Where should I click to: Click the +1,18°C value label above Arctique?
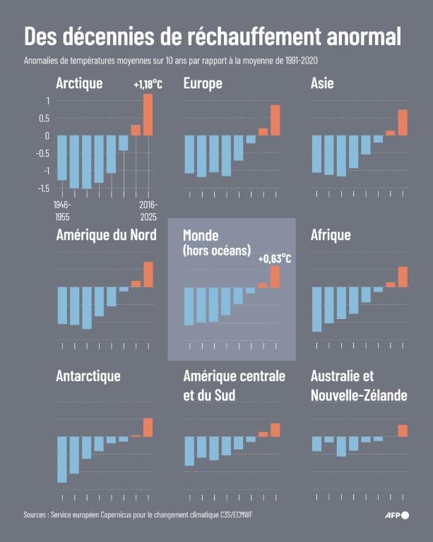148,85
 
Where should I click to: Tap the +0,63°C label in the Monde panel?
275,258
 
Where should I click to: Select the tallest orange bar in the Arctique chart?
148,114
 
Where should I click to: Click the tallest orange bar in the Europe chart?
275,120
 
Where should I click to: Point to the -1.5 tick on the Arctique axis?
43,188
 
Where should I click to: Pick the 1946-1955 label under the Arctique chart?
62,210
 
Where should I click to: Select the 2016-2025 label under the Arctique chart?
148,210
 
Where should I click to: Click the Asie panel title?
322,84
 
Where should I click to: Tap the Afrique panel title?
331,235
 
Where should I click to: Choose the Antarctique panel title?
88,376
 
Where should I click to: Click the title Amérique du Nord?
106,235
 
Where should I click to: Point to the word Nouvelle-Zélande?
359,396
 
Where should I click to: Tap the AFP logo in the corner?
396,515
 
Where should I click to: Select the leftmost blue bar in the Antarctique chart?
62,459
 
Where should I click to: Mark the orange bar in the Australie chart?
403,430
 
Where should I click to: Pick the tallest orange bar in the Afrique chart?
403,277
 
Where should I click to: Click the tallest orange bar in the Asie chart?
403,122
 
